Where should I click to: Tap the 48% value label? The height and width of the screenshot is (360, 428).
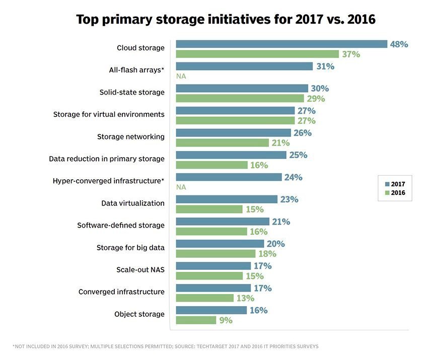pyautogui.click(x=399, y=44)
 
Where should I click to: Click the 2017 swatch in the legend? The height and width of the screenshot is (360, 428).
pyautogui.click(x=386, y=184)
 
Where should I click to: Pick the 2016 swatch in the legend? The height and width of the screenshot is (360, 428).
pyautogui.click(x=386, y=193)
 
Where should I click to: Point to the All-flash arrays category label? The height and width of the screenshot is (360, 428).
pyautogui.click(x=136, y=70)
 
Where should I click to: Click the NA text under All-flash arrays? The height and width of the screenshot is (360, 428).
pyautogui.click(x=181, y=77)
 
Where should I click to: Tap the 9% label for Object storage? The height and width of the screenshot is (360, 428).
pyautogui.click(x=226, y=320)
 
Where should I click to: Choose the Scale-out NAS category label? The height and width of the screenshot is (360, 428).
pyautogui.click(x=140, y=269)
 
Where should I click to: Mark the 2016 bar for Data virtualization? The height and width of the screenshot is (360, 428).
pyautogui.click(x=208, y=209)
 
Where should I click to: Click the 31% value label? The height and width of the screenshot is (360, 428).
pyautogui.click(x=325, y=66)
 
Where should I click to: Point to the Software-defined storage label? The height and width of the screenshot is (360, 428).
pyautogui.click(x=120, y=225)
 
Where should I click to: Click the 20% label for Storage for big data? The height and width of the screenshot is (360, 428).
pyautogui.click(x=275, y=244)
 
